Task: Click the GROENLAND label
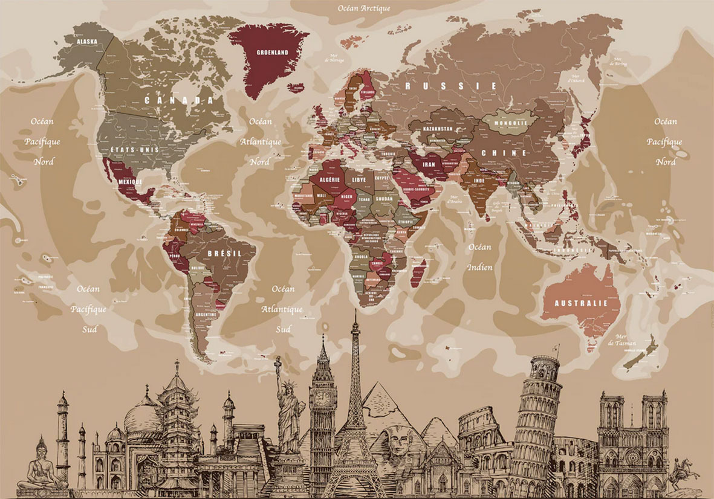pyautogui.click(x=272, y=53)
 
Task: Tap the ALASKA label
pyautogui.click(x=88, y=42)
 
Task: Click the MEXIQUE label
pyautogui.click(x=130, y=181)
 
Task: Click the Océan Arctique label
pyautogui.click(x=364, y=8)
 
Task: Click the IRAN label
pyautogui.click(x=428, y=164)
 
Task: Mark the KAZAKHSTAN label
pyautogui.click(x=438, y=129)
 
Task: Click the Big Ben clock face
pyautogui.click(x=323, y=399)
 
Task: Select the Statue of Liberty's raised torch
pyautogui.click(x=278, y=361)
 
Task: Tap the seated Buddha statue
pyautogui.click(x=41, y=465)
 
